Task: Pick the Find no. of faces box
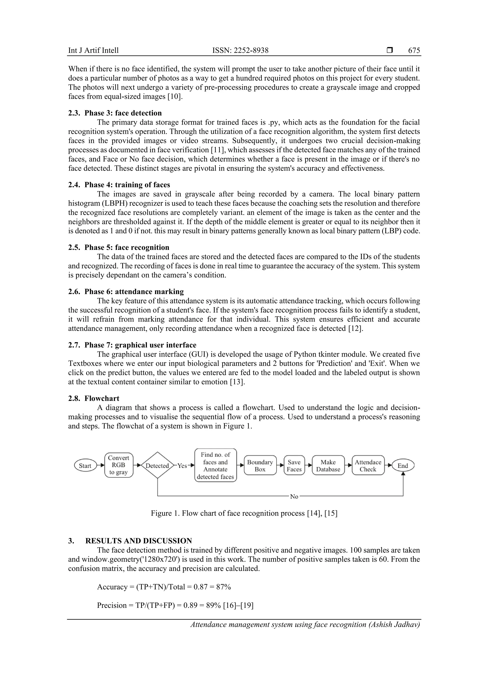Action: tap(215, 466)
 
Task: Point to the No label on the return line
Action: tap(294, 496)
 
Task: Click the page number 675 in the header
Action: tap(414, 50)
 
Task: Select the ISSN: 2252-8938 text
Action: tap(240, 50)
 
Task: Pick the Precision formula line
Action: tap(175, 605)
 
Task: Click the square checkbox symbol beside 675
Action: tap(390, 50)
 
